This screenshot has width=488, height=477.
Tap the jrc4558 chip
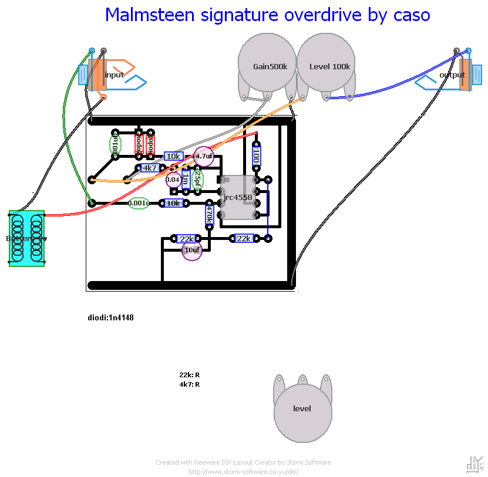[x=238, y=198]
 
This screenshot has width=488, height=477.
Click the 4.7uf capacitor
[x=204, y=156]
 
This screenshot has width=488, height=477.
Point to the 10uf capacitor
[x=192, y=250]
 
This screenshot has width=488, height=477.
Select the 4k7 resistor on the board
[x=150, y=168]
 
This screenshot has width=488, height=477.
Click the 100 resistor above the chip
[x=256, y=156]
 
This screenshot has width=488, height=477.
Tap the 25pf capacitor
[x=198, y=179]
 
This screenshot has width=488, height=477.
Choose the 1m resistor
[x=186, y=179]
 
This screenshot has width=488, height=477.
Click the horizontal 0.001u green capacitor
[x=139, y=203]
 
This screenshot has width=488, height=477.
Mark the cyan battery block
[x=26, y=239]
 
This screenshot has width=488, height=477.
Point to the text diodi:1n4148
[x=111, y=317]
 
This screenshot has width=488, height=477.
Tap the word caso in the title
[x=410, y=15]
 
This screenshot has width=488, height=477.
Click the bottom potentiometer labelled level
[x=302, y=408]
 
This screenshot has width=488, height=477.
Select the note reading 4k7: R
[x=189, y=384]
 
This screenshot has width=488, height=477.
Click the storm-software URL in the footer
[x=243, y=471]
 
